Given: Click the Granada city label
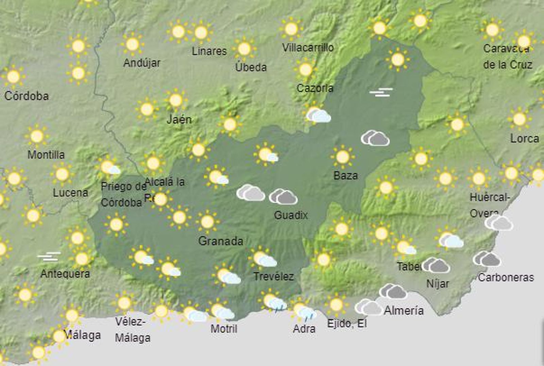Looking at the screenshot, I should coord(221,241).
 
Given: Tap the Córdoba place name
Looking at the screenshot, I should coord(26,96).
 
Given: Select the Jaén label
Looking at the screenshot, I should coord(179,120).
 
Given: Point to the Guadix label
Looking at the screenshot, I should coord(291,215).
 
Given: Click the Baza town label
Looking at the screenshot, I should coord(345,176).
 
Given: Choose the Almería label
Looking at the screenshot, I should coord(404,311).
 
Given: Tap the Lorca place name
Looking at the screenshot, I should coord(524,139).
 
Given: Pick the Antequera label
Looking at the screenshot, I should coord(65,274).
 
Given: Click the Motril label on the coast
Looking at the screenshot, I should coord(224,329).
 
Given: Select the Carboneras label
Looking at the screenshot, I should coord(506,278).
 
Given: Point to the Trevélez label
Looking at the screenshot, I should coord(273,277).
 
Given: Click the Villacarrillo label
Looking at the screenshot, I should coord(308,48).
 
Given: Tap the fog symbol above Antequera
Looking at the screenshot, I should coord(49,257).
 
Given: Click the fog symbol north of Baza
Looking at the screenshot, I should coord(381,92).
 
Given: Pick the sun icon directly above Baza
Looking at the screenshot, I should coord(342,157).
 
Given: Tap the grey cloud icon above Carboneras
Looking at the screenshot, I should coord(487,259).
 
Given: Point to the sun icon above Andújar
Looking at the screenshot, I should coord(132,44).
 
